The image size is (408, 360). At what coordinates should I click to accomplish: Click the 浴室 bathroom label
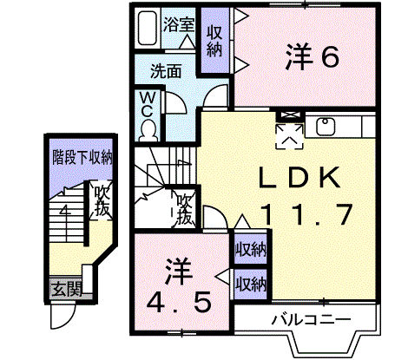click(x=178, y=24)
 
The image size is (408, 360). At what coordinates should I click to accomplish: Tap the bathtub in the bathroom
click(x=148, y=28)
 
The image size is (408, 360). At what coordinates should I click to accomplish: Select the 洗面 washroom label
click(x=166, y=71)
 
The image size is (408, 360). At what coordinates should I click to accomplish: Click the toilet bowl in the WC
click(x=148, y=131)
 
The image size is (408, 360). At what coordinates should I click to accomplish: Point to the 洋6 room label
click(x=312, y=56)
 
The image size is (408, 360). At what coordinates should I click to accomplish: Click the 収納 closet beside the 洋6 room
click(x=214, y=41)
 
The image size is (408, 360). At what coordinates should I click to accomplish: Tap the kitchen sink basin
click(x=326, y=127)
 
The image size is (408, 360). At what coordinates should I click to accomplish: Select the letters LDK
click(x=299, y=177)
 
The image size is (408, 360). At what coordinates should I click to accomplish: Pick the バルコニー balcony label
click(x=311, y=320)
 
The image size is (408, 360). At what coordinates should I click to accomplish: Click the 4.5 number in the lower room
click(x=178, y=303)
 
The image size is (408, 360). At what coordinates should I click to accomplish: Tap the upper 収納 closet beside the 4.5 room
click(x=250, y=249)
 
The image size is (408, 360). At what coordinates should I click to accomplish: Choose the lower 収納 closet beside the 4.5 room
click(x=250, y=285)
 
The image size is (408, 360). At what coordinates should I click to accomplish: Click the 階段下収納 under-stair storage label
click(x=82, y=158)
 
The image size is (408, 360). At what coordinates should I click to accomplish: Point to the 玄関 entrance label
click(x=67, y=289)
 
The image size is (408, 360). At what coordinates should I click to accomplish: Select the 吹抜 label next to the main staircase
click(x=184, y=209)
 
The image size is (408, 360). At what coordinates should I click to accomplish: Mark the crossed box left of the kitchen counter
click(x=290, y=115)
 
